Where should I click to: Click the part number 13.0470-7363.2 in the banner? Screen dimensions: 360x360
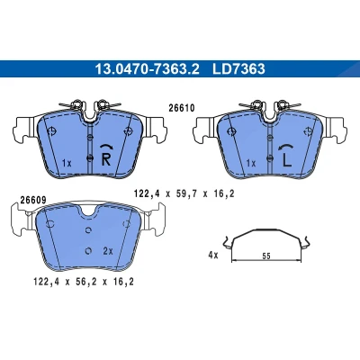coord(147,69)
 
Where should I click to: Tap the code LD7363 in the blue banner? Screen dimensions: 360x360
coord(238,69)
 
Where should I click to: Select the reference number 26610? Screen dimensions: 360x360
coord(182,108)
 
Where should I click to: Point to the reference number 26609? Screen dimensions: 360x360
coord(33,200)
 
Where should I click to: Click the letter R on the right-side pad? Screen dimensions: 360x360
coord(106,159)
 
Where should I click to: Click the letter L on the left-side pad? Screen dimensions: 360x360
coord(287,159)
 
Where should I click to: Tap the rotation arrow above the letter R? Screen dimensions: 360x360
coord(106,146)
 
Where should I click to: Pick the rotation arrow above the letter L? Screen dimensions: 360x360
coord(286,146)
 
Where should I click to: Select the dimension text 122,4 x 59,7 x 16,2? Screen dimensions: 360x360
coord(184,194)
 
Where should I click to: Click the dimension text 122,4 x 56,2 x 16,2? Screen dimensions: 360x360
coord(84,282)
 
